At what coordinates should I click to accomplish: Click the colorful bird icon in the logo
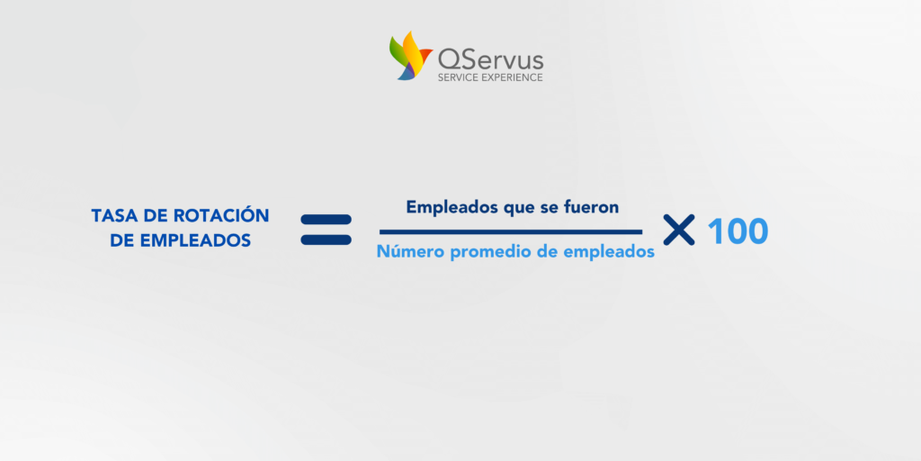pyautogui.click(x=410, y=56)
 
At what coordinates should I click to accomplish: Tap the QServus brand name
pyautogui.click(x=490, y=59)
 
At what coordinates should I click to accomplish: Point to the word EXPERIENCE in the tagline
pyautogui.click(x=511, y=77)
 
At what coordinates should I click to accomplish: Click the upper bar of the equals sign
pyautogui.click(x=326, y=220)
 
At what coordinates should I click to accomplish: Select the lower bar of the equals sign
pyautogui.click(x=326, y=240)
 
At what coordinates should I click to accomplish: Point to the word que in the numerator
pyautogui.click(x=519, y=209)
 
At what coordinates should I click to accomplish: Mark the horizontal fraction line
pyautogui.click(x=511, y=231)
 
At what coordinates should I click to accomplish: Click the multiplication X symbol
pyautogui.click(x=679, y=230)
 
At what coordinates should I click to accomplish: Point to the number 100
pyautogui.click(x=738, y=231)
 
